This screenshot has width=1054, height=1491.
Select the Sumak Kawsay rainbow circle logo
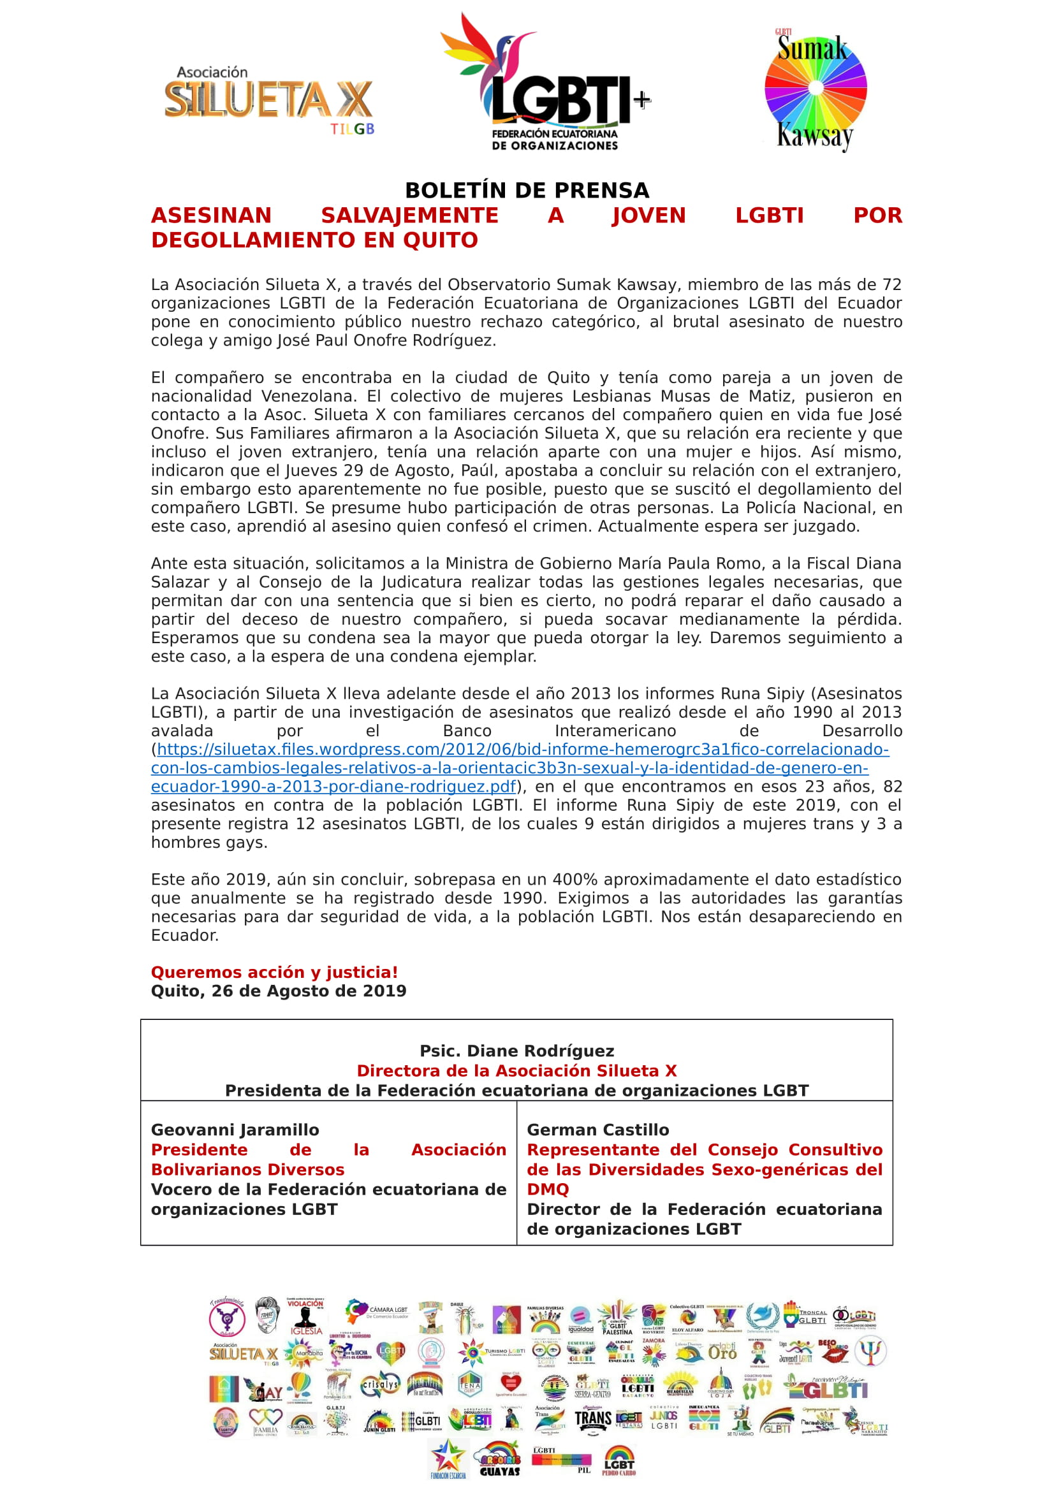[815, 89]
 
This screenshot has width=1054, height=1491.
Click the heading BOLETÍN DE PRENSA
[527, 190]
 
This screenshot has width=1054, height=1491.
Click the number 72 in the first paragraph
[891, 284]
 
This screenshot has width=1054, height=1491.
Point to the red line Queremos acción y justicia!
[274, 972]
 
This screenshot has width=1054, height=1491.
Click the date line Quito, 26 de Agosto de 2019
[279, 991]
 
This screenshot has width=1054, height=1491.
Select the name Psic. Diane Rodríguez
[516, 1051]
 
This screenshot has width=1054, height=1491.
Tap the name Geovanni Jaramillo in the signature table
[235, 1130]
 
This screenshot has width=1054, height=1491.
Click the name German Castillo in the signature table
[597, 1130]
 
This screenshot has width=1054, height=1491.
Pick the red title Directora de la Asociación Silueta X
[516, 1071]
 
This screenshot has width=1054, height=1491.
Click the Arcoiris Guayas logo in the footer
[499, 1458]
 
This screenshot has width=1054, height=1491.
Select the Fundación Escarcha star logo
[448, 1458]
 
